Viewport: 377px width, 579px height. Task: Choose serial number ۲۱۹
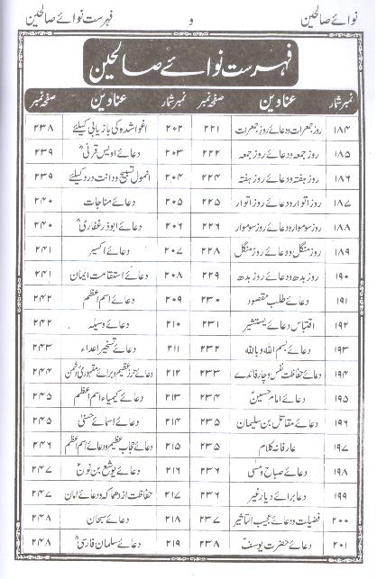point(174,544)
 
